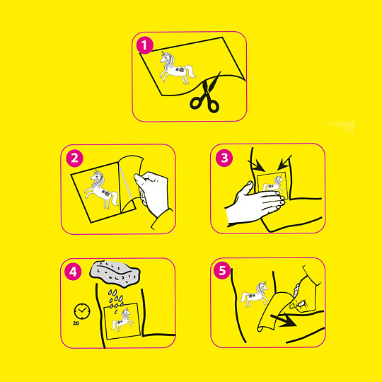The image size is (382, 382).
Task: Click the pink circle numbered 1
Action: coord(145,45)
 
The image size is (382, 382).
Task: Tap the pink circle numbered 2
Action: coord(74,158)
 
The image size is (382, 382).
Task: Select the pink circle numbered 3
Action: coord(224,158)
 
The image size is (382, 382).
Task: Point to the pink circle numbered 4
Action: coord(73,272)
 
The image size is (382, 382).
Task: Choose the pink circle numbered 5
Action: coord(222,271)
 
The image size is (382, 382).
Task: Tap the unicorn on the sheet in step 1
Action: coord(177,67)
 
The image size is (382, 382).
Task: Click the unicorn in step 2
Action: coord(101,189)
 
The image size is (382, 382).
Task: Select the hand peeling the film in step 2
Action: coord(152,192)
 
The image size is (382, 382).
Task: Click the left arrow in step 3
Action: coord(256,166)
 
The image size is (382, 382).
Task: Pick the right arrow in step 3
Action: coord(284,163)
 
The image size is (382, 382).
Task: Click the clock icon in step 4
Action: coord(82,311)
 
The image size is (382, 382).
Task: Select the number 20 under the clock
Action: coord(76,323)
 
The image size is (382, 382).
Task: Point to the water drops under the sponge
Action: coord(116,299)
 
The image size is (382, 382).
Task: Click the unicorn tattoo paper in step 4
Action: coord(122,321)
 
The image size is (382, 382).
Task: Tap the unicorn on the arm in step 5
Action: coord(254,294)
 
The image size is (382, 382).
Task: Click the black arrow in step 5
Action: coord(284,320)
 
